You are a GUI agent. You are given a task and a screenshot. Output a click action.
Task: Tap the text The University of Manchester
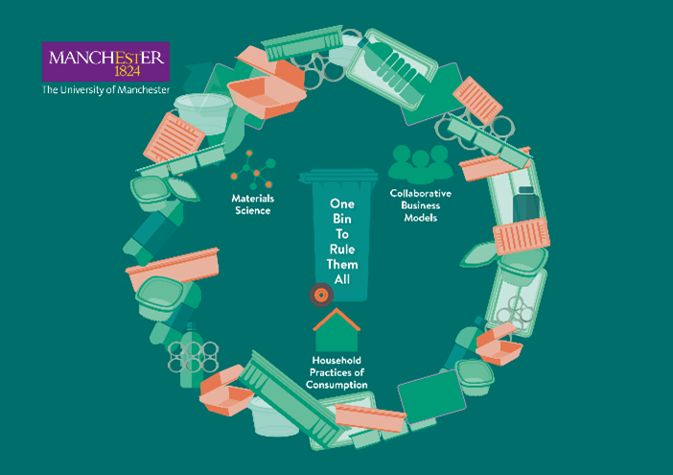105,90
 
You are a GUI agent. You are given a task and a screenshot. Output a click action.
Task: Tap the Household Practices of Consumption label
336,372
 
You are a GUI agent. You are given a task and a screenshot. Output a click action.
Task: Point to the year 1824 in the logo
126,70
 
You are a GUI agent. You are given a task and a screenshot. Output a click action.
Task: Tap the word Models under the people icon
419,217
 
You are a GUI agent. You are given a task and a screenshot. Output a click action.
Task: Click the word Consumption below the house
336,385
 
